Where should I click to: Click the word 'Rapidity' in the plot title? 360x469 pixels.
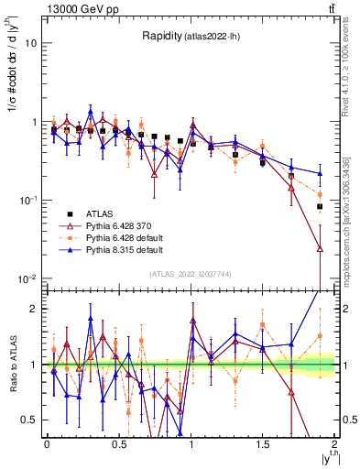pos(163,36)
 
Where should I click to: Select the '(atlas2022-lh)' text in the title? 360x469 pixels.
pos(216,37)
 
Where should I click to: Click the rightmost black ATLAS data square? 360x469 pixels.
pos(320,207)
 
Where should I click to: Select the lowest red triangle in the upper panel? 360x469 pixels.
pos(320,248)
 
